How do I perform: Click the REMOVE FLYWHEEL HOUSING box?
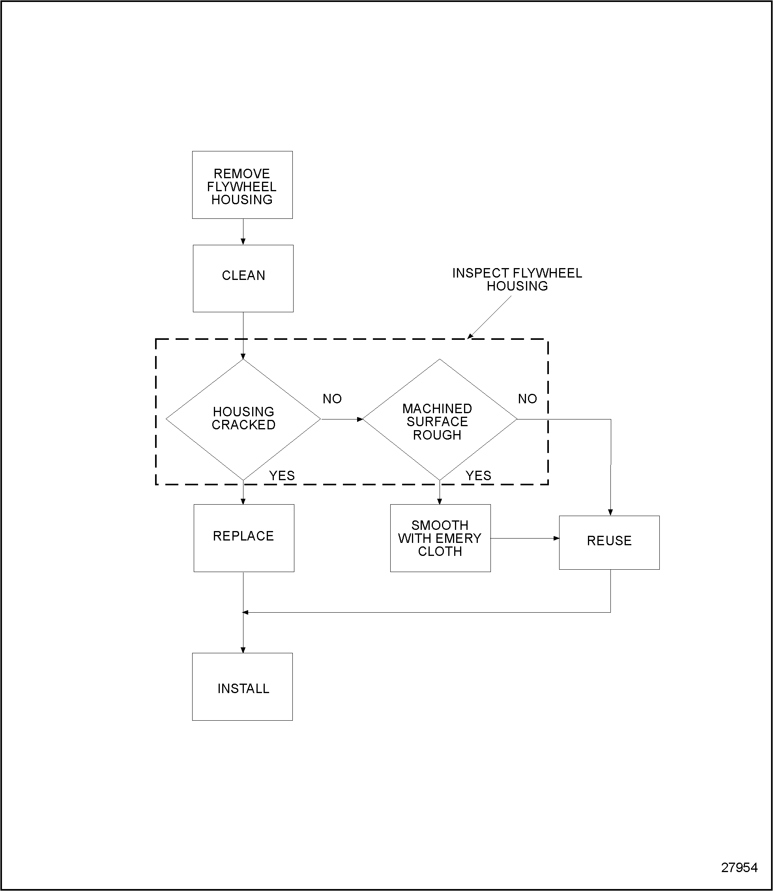coord(242,185)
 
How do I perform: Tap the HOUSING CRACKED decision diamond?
coord(243,419)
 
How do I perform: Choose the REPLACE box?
coord(244,538)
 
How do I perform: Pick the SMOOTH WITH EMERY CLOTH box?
coord(440,538)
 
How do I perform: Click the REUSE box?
coord(609,542)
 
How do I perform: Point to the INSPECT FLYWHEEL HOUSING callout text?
coord(517,280)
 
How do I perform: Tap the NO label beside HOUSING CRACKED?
coord(332,399)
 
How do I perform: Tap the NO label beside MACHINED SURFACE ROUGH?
coord(527,399)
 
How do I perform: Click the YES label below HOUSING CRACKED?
coord(282,475)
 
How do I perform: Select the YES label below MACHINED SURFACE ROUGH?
coord(478,475)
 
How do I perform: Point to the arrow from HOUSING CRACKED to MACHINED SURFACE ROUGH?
coord(342,419)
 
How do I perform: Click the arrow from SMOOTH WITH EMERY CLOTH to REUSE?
coord(524,538)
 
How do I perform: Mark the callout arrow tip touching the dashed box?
coord(470,337)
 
